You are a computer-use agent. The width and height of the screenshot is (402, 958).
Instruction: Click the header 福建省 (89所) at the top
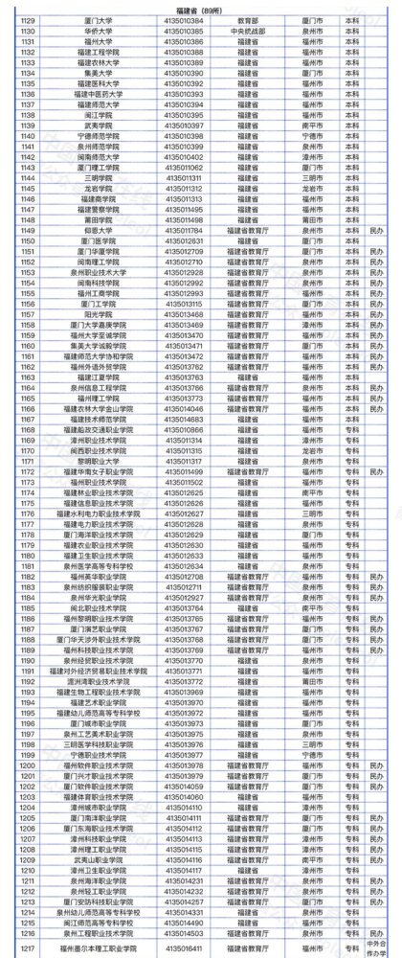[x=200, y=9]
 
